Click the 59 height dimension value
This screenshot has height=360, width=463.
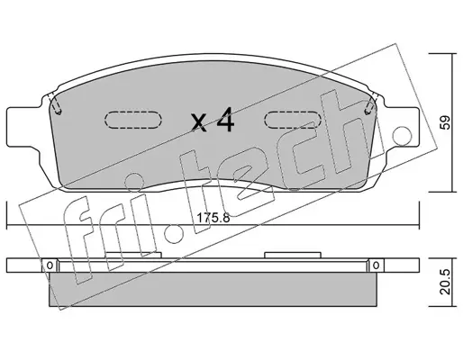click(x=447, y=122)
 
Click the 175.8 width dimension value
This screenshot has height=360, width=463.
click(x=213, y=218)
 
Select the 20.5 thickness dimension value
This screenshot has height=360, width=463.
click(x=447, y=282)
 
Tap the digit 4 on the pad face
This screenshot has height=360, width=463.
click(x=225, y=120)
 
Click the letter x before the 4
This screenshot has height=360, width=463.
click(x=199, y=123)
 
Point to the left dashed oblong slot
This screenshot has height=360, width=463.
click(x=133, y=120)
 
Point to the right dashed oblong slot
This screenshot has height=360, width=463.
click(x=293, y=120)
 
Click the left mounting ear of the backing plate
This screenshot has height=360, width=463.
click(x=24, y=127)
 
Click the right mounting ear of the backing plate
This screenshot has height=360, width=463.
click(x=403, y=127)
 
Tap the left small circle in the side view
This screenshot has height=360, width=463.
click(x=50, y=265)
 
